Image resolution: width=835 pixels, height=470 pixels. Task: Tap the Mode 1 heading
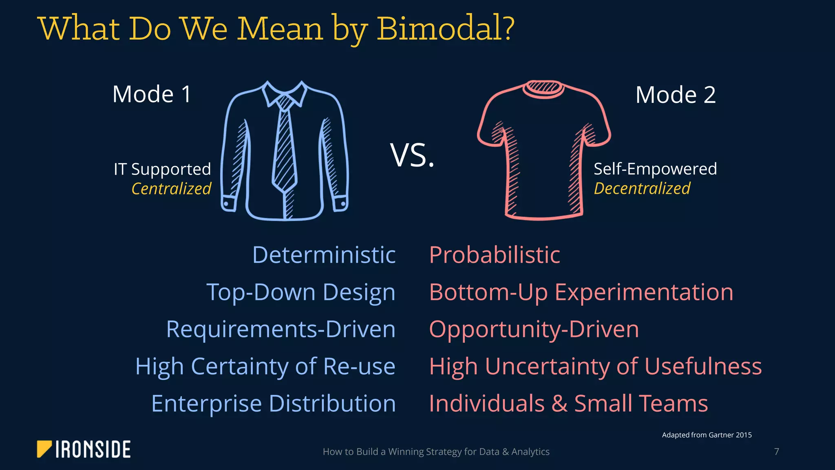click(152, 94)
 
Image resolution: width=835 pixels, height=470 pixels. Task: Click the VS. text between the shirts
click(412, 155)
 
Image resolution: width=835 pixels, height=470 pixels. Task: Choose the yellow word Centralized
click(171, 188)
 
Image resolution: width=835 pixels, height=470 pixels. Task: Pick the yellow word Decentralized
click(642, 188)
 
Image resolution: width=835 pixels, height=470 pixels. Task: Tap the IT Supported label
click(162, 169)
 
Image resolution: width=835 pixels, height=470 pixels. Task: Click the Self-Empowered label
click(655, 169)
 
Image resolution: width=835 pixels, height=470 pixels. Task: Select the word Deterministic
click(324, 255)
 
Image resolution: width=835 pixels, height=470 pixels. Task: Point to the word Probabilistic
click(495, 255)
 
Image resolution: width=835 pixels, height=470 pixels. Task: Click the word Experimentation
click(644, 292)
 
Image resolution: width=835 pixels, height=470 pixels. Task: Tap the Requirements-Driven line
click(281, 329)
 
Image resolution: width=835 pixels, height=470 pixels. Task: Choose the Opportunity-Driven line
click(534, 329)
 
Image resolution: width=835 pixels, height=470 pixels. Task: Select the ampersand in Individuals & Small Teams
click(559, 403)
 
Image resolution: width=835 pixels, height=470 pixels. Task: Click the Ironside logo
click(84, 449)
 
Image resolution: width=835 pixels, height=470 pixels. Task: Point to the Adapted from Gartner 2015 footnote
click(707, 435)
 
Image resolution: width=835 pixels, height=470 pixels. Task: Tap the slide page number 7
click(776, 452)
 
